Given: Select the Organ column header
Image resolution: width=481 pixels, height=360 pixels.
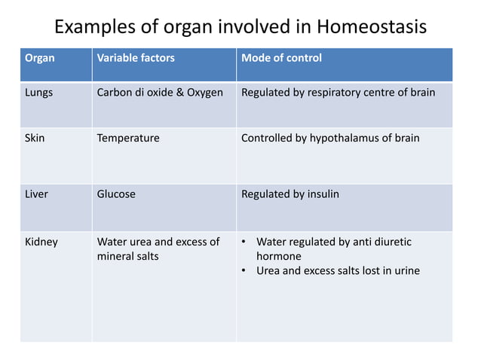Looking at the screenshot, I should pos(39,58).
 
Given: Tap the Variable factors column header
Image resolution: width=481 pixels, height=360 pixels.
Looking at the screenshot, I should pos(136,58).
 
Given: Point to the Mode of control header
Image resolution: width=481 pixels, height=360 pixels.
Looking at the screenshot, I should pos(281,58).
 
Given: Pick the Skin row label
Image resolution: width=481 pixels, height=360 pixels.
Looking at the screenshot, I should pos(35,139).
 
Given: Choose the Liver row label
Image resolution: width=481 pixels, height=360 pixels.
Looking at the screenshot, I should pos(36,194).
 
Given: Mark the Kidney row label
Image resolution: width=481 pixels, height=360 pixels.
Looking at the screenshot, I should pos(41,243).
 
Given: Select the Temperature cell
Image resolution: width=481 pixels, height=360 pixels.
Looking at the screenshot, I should pos(128,139).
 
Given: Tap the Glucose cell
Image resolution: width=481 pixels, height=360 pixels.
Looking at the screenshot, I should pos(116,194).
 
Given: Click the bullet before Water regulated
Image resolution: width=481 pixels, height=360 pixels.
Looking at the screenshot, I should pos(244,243).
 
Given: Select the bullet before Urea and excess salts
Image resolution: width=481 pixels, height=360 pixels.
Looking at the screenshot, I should pos(244,271).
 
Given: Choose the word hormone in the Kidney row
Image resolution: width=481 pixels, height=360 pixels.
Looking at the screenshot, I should pos(279,257).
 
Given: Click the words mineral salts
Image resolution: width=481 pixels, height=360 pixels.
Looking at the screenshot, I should pos(128,257).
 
